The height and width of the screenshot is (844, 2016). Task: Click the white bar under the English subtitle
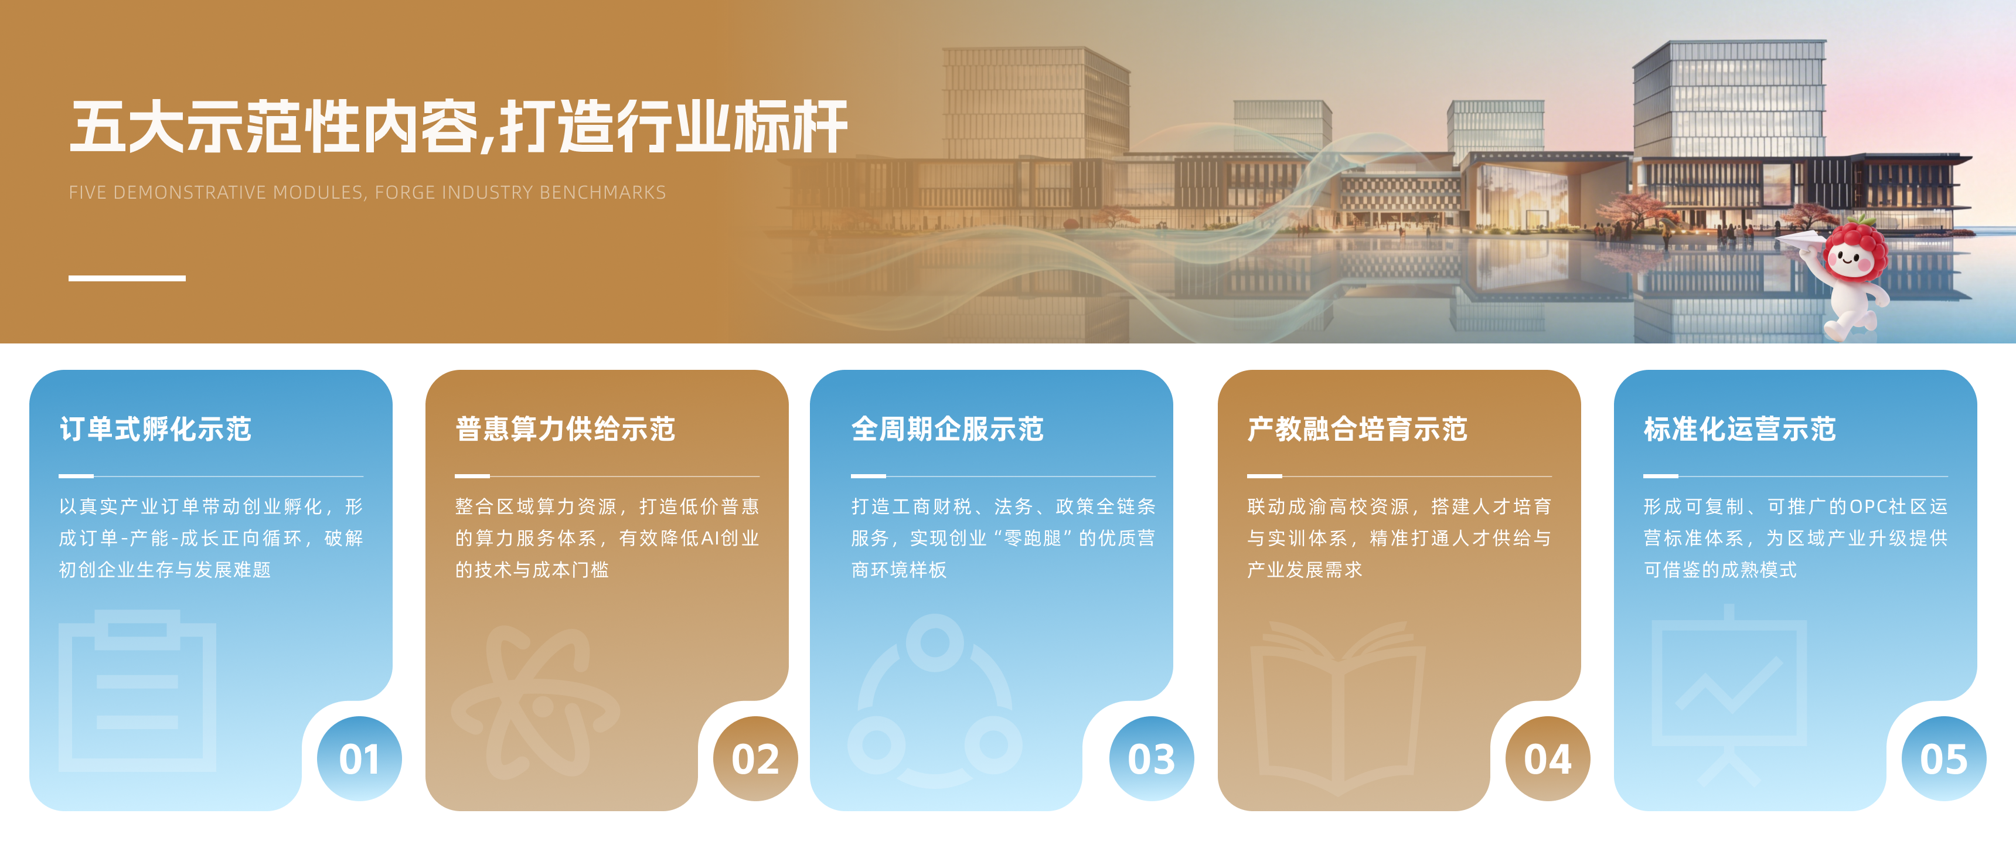127,278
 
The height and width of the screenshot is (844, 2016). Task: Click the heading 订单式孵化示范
156,429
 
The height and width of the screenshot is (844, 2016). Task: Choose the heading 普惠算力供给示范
565,429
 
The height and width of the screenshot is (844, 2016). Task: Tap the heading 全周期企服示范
948,429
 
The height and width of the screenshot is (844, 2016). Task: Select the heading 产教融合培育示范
1357,429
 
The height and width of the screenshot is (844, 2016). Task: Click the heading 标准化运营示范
1740,429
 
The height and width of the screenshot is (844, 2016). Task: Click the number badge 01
359,758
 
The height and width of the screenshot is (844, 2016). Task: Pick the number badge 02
755,758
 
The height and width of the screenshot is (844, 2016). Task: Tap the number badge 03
1151,758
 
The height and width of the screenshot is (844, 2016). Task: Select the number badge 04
1547,758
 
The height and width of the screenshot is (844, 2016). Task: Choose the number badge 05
1944,758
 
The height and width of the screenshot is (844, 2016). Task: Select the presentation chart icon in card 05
1729,689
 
